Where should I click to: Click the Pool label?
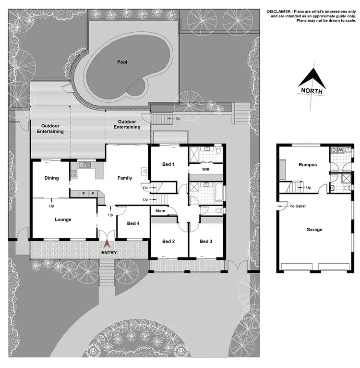(121, 62)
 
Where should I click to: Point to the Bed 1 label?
(168, 164)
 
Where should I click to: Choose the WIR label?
(206, 170)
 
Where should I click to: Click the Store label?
(160, 210)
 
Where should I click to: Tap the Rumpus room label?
(307, 164)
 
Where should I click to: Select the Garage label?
(314, 230)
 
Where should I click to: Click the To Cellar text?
(298, 206)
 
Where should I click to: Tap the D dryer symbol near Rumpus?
(334, 150)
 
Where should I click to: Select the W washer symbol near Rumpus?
(341, 150)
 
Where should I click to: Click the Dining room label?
(51, 178)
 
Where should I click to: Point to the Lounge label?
(63, 220)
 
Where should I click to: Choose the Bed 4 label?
(134, 223)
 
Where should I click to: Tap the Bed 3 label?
(206, 241)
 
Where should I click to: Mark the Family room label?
(125, 178)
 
